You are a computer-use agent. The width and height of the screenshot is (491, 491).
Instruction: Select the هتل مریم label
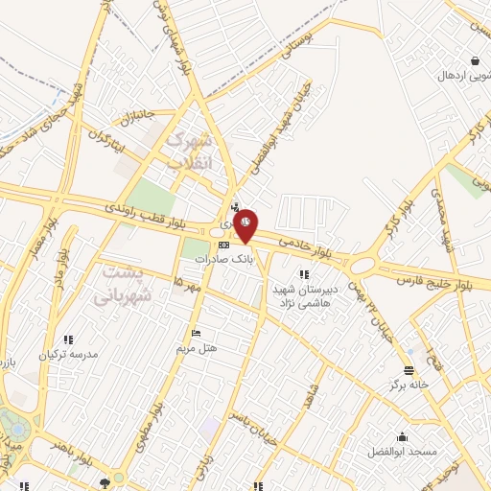(x=197, y=347)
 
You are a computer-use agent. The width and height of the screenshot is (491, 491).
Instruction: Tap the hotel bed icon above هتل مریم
(x=197, y=333)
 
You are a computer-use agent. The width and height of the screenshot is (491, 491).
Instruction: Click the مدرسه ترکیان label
(x=68, y=354)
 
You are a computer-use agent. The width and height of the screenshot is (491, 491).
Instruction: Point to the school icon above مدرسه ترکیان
(x=68, y=339)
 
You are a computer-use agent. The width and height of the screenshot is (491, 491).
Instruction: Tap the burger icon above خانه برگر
(x=409, y=370)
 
